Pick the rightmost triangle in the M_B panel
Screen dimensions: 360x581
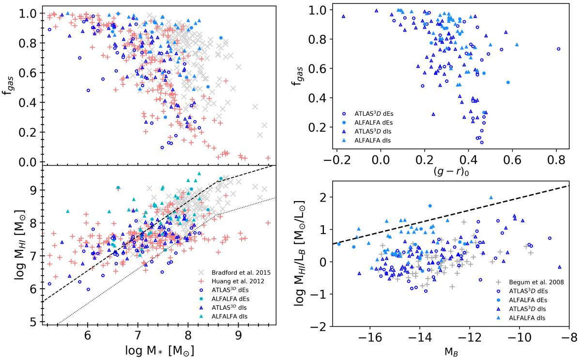coord(559,267)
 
